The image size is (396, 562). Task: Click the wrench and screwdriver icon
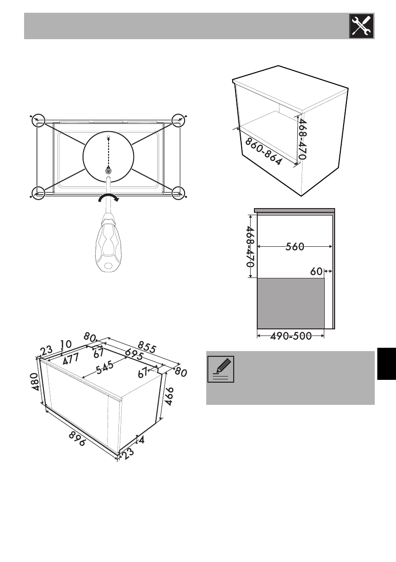pyautogui.click(x=361, y=25)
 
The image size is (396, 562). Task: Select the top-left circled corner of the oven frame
pyautogui.click(x=38, y=121)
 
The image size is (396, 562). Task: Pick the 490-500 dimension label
pyautogui.click(x=290, y=336)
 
